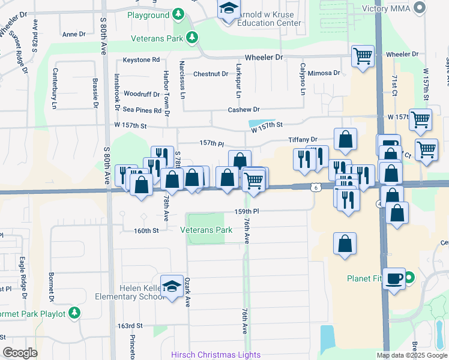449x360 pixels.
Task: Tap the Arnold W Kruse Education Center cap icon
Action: pos(228,9)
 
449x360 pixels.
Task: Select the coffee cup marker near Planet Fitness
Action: pos(394,279)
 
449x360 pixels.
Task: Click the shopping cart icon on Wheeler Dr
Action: pos(363,56)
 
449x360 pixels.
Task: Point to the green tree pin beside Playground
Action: pos(178,14)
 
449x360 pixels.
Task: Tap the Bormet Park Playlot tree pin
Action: pos(74,313)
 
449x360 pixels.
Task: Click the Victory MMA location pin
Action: pos(420,8)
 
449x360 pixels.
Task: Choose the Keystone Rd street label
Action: pos(141,60)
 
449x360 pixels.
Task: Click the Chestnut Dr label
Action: pos(211,74)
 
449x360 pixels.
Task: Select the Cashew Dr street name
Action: pos(243,110)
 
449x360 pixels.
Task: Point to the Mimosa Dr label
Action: pos(325,73)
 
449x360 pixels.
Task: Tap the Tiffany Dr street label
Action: pos(303,139)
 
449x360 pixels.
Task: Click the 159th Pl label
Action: pos(246,212)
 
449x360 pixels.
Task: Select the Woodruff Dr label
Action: pos(141,94)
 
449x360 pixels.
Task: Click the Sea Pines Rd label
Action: pos(142,110)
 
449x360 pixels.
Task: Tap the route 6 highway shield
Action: pos(315,187)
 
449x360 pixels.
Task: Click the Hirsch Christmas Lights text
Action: pos(215,355)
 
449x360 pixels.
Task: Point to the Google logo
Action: pos(20,353)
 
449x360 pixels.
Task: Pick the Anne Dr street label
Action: pos(74,34)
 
